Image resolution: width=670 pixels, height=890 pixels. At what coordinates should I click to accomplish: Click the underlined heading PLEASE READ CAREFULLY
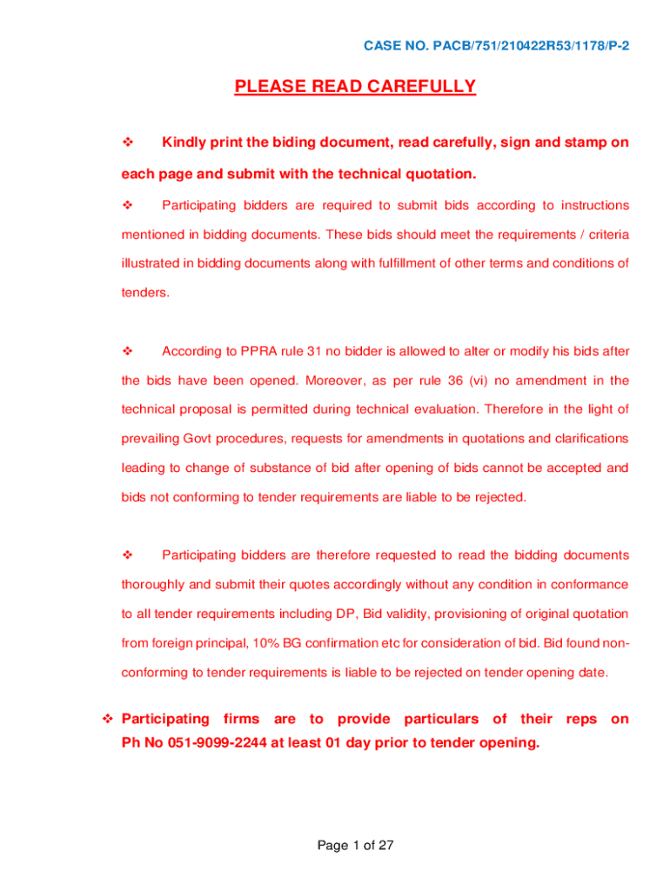(x=355, y=86)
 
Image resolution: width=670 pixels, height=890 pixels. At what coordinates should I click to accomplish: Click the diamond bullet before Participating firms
(x=109, y=719)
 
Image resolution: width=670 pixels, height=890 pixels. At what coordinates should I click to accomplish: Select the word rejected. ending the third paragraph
(x=499, y=496)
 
